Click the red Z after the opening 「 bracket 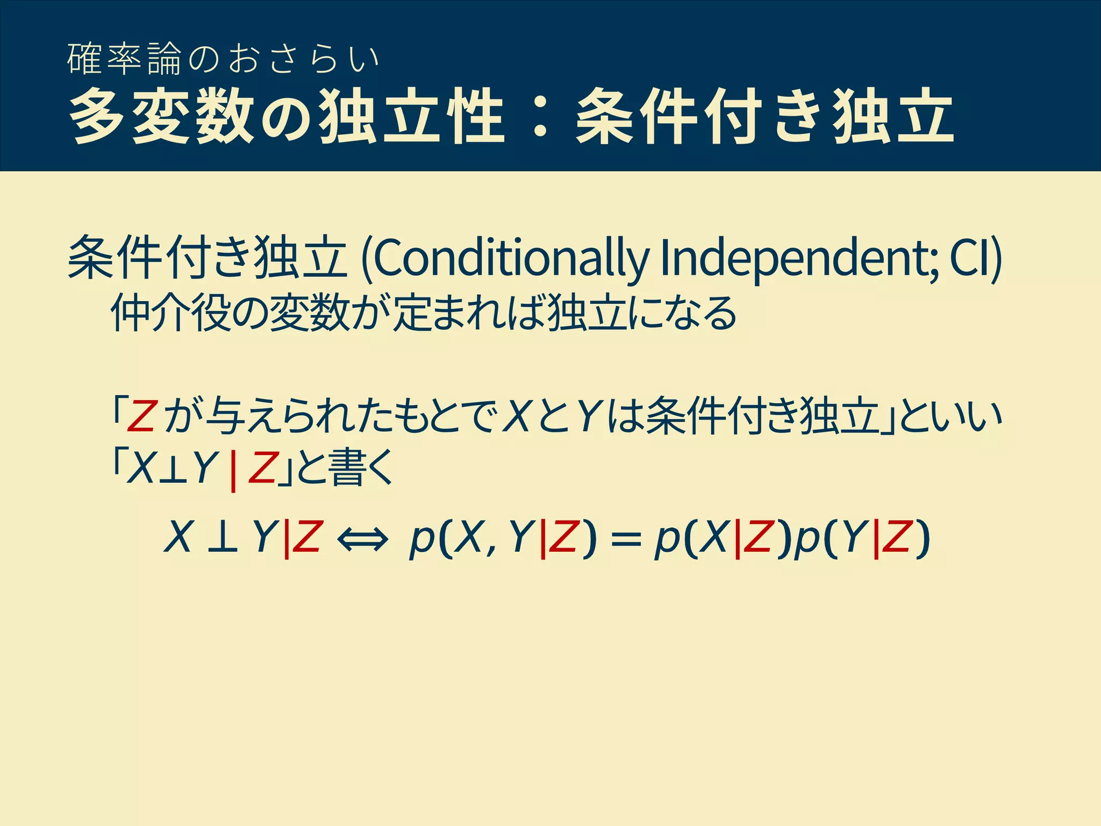click(141, 417)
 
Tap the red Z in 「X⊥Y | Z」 click(262, 467)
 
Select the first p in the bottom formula click(422, 540)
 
